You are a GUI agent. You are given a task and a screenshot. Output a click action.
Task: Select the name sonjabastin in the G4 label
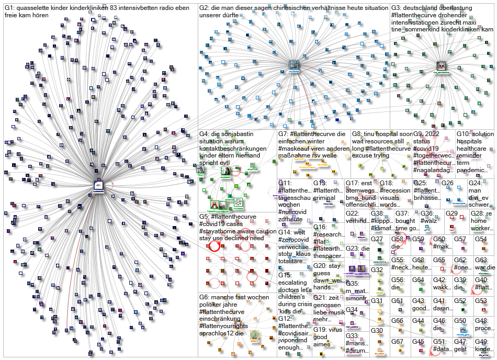pyautogui.click(x=238, y=134)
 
